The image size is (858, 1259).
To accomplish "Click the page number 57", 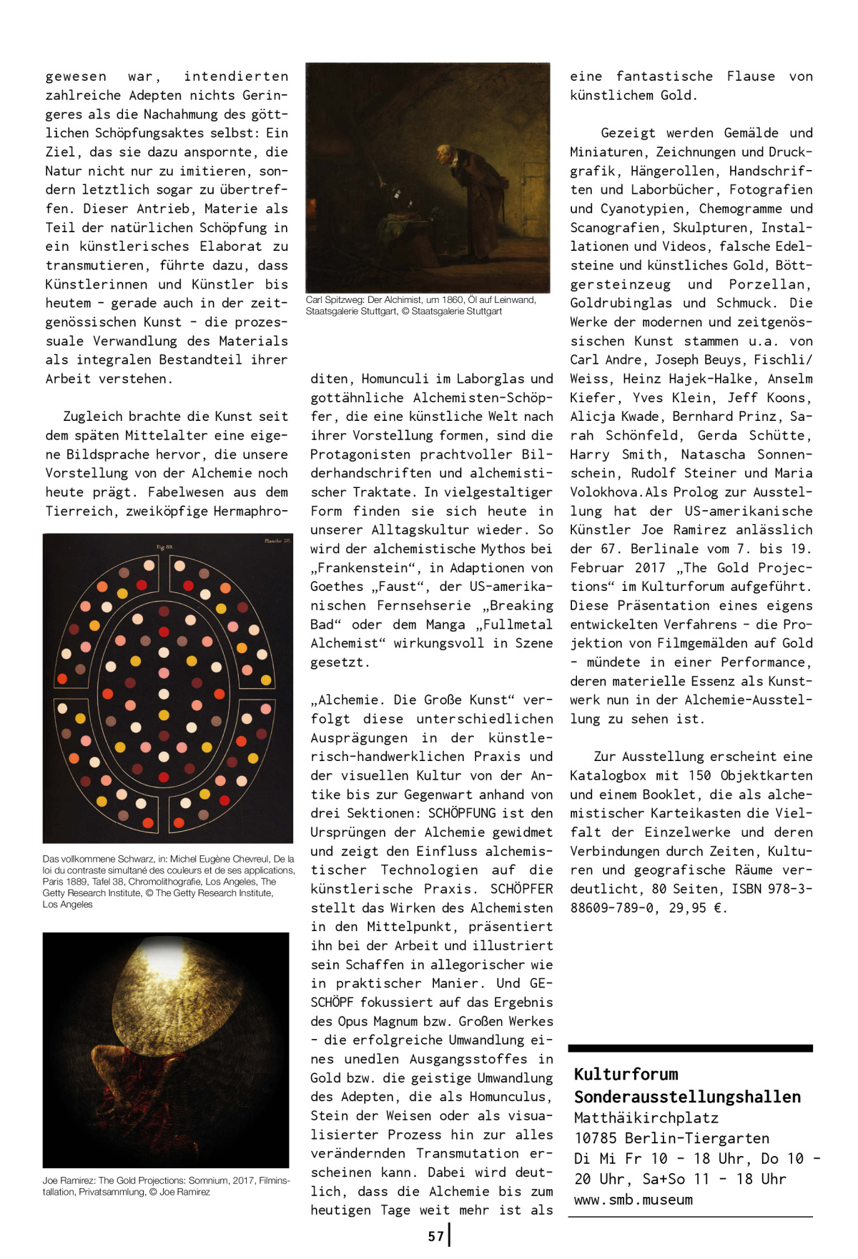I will coord(436,1236).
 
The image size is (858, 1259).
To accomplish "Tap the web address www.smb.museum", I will coord(633,1200).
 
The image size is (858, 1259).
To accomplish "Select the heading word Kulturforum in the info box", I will coord(626,1075).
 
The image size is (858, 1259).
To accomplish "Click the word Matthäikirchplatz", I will coord(646,1118).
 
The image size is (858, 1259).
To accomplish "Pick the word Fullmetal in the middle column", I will coord(515,624).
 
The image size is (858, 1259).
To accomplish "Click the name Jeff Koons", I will coord(769,398).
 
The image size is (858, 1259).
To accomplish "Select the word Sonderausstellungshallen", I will coord(687,1097).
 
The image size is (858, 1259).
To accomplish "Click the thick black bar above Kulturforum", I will coord(690,1048).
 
